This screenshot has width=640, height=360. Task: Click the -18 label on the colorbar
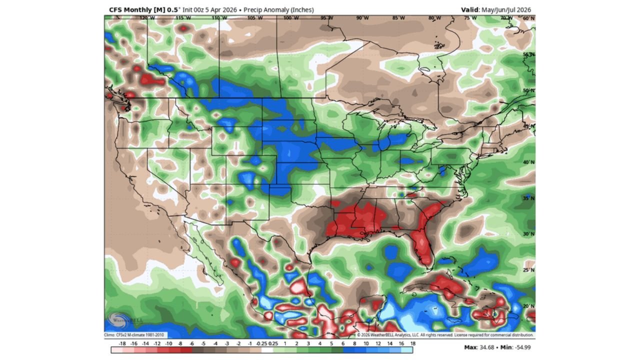point(122,343)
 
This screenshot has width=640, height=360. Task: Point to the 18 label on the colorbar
point(413,343)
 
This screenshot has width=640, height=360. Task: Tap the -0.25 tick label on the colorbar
point(261,343)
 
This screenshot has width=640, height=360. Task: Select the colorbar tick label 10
point(366,343)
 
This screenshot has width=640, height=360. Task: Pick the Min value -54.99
point(520,346)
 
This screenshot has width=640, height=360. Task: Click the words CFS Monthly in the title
point(130,9)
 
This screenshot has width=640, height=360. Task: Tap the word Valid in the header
point(469,9)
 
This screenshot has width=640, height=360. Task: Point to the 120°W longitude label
point(147,18)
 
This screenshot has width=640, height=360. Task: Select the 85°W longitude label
point(398,18)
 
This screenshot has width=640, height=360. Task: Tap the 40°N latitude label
point(528,162)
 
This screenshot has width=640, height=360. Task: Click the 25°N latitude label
point(528,270)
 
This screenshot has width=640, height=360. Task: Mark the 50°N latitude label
point(528,90)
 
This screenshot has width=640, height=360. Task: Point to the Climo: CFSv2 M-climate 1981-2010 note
point(135,335)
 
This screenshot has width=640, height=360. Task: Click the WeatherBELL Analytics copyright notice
point(445,335)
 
